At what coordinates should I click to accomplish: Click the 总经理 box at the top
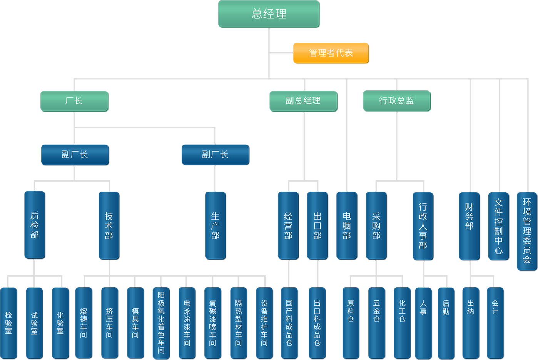click(x=269, y=14)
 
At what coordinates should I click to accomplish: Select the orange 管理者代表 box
click(x=331, y=53)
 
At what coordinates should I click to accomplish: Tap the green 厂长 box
click(x=74, y=101)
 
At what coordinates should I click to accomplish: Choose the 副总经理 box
click(x=303, y=101)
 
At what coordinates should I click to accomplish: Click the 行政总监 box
click(x=397, y=101)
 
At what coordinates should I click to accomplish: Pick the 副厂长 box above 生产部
click(x=215, y=155)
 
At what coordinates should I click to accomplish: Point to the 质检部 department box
click(x=35, y=225)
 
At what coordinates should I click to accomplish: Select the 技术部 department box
click(x=109, y=225)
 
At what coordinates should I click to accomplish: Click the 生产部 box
click(x=215, y=225)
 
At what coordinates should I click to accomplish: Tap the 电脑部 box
click(x=347, y=225)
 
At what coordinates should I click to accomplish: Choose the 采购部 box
click(x=376, y=225)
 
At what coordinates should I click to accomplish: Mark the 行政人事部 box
click(x=423, y=226)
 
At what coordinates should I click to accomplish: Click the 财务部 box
click(x=469, y=226)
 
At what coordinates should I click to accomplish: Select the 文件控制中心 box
click(x=498, y=226)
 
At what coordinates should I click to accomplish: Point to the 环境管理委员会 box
click(x=527, y=231)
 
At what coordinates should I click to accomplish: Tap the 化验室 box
click(x=60, y=323)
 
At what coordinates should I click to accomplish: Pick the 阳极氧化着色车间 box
click(x=161, y=323)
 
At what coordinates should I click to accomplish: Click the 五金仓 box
click(x=376, y=323)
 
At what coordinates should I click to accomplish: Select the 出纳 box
click(x=471, y=323)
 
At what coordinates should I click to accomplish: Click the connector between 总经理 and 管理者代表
click(x=281, y=53)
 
